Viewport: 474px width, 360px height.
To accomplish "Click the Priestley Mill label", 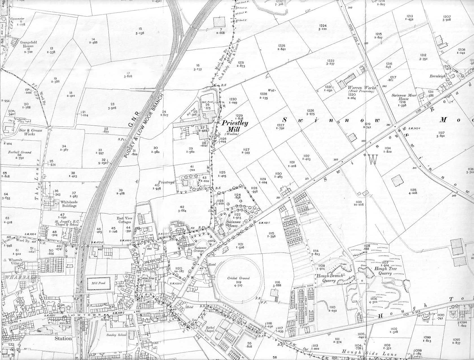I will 231,126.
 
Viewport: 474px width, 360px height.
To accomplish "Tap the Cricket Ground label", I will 239,278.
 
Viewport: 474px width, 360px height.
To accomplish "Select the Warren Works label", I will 358,88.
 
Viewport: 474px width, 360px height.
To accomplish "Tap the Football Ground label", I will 20,152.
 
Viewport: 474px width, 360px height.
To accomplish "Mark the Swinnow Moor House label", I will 400,97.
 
